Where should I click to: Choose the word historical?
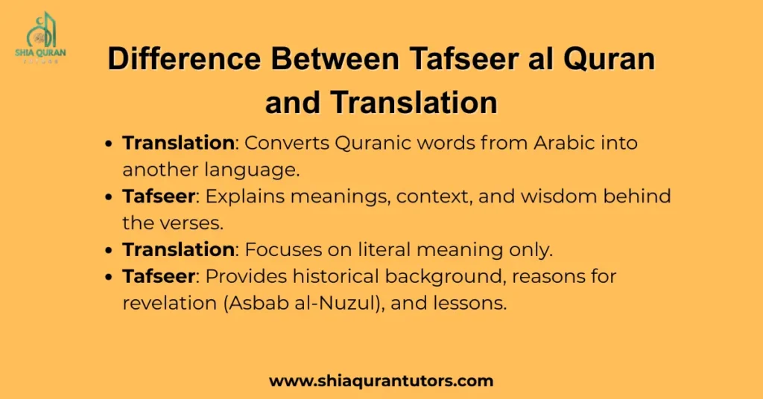(329, 277)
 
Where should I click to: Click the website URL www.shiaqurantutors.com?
(381, 381)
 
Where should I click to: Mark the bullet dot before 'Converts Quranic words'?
(110, 143)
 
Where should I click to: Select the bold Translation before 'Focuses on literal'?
(178, 249)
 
